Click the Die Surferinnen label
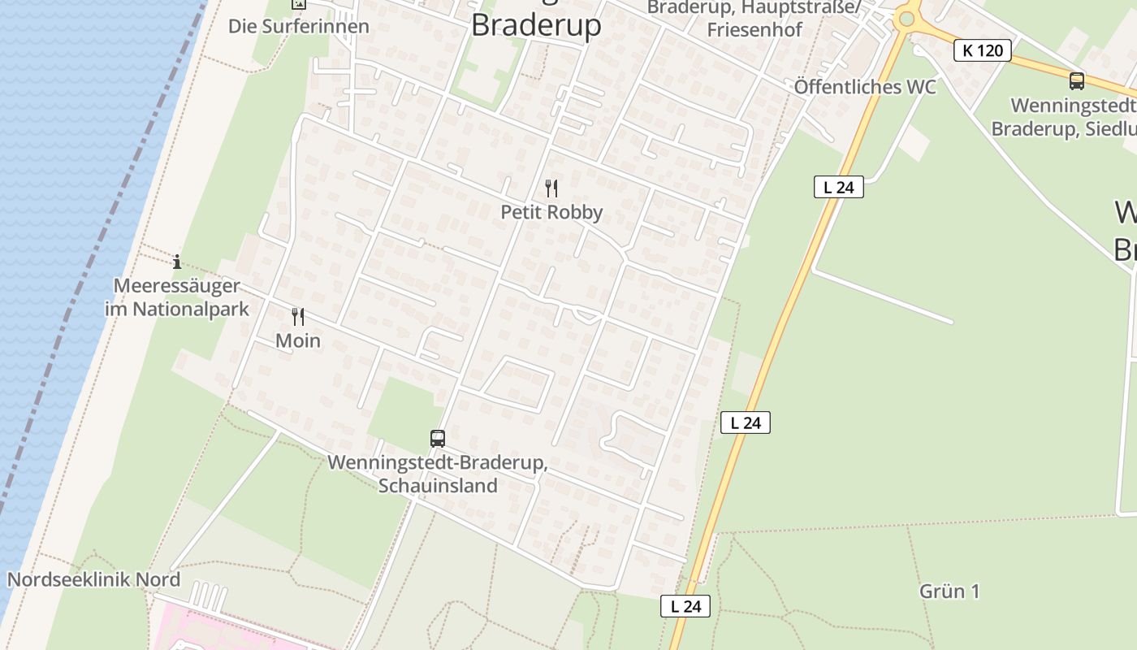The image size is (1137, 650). coord(298,26)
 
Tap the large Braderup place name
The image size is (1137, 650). coord(536,25)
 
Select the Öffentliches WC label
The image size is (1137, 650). coord(865,87)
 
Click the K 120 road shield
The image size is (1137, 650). coord(983,50)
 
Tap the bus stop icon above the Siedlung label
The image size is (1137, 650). coord(1076,81)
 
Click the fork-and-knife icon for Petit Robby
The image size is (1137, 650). coord(551,189)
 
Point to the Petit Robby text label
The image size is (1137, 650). coord(551,212)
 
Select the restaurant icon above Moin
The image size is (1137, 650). coord(298,317)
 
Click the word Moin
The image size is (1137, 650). coord(298,340)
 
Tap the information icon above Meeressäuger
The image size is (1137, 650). coord(177,262)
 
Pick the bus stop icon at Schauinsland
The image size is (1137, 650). coord(438,439)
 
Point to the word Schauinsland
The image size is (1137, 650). coord(438,486)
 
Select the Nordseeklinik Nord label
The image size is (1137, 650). coord(93,580)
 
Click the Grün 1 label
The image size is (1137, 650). coord(949,591)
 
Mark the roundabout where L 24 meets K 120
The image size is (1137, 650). coord(906,18)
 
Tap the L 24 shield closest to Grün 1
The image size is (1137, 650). coord(685,606)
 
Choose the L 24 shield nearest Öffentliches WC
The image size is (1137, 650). coord(838,188)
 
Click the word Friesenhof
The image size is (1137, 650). coord(754,30)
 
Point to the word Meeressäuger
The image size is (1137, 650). coord(177,286)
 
